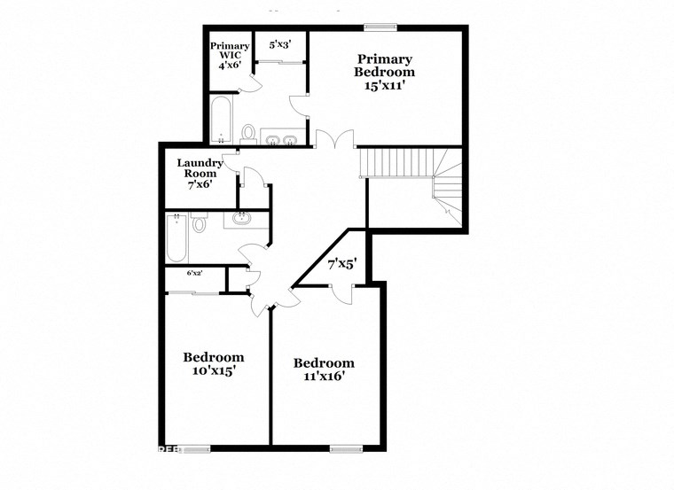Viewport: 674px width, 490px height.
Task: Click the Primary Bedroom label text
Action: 384,65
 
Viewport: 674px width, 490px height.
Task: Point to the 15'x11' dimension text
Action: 384,87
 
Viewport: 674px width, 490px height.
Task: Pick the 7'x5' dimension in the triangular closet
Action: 341,263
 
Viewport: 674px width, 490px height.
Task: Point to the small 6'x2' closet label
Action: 194,274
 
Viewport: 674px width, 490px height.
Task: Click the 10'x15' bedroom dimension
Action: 213,371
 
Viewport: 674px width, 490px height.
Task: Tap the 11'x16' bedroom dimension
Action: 324,376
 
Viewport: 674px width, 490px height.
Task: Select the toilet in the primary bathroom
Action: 249,134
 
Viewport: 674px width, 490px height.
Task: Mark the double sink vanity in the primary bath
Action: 281,138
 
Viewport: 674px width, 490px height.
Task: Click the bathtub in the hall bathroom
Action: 176,238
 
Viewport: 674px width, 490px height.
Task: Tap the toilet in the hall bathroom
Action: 199,223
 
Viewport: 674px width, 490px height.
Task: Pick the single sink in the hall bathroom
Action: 240,218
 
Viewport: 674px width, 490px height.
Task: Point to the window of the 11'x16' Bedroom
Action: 347,447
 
